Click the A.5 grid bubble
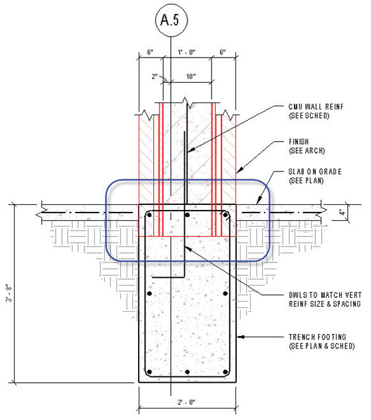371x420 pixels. (172, 20)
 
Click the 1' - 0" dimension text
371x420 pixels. (187, 52)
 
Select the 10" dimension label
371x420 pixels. (191, 77)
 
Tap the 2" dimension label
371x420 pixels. (154, 77)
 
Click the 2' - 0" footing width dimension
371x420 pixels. (186, 402)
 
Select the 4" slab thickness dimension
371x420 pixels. (341, 213)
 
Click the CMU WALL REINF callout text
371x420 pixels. (316, 111)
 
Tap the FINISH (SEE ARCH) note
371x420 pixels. (306, 146)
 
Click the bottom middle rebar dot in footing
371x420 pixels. (187, 372)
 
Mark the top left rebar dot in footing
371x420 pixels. (149, 215)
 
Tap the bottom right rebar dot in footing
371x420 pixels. (225, 372)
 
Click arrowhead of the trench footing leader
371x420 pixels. (240, 337)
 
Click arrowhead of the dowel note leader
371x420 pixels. (188, 249)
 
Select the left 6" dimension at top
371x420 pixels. (151, 52)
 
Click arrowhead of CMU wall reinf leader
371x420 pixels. (191, 149)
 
